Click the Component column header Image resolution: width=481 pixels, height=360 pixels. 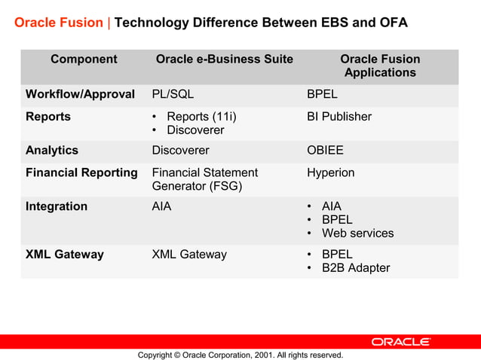click(x=84, y=59)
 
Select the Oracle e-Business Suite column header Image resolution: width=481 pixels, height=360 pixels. click(x=224, y=59)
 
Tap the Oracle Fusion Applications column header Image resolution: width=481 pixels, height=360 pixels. click(x=380, y=66)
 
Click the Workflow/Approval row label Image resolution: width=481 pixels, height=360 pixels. click(x=80, y=95)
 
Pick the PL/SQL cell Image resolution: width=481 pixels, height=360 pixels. click(x=173, y=95)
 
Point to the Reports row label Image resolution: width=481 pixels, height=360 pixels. click(x=48, y=117)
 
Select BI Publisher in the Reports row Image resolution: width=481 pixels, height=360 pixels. click(x=339, y=117)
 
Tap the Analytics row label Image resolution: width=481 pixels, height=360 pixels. click(x=52, y=151)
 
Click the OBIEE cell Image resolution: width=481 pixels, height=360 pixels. click(x=325, y=151)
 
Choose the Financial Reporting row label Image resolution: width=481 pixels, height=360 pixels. click(x=81, y=173)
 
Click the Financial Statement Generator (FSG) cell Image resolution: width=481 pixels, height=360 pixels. click(x=204, y=179)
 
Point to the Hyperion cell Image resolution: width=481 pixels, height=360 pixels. click(x=330, y=173)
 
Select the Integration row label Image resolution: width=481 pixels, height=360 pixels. click(x=57, y=206)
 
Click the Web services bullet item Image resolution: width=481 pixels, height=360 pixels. click(x=357, y=233)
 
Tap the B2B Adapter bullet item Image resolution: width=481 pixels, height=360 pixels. click(x=356, y=268)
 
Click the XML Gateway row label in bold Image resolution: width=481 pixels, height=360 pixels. click(x=65, y=255)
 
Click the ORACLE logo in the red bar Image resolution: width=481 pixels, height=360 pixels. click(x=400, y=342)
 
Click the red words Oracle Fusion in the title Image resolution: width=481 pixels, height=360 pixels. click(x=58, y=23)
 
